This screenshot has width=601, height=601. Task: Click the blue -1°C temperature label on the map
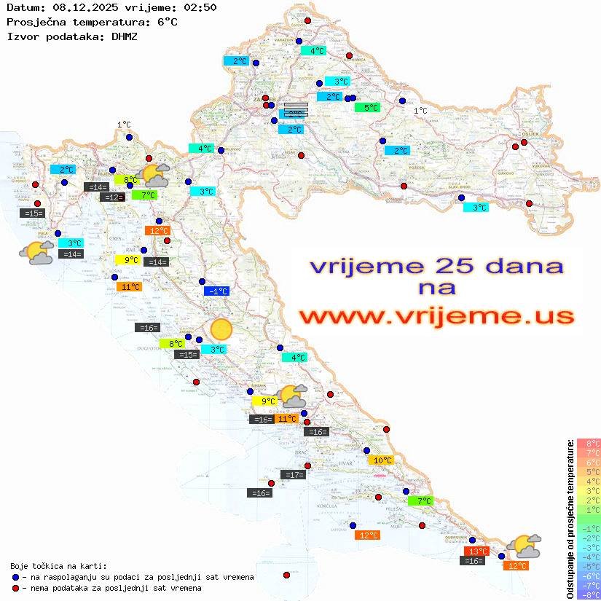pos(216,291)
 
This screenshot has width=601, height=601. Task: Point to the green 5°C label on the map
pos(367,108)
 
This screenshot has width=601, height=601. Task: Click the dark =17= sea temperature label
pos(293,475)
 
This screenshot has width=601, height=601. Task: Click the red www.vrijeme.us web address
pos(436,317)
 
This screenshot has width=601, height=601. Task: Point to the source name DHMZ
pos(120,36)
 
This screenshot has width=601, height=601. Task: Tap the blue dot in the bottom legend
pos(15,577)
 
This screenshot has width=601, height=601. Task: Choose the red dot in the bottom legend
pos(15,588)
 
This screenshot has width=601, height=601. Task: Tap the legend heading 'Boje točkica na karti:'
pos(58,566)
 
